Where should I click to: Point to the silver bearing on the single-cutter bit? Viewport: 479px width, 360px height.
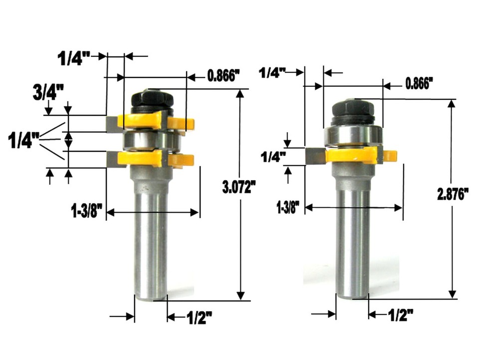pyautogui.click(x=352, y=135)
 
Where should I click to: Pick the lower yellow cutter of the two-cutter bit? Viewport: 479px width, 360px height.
pyautogui.click(x=145, y=159)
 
